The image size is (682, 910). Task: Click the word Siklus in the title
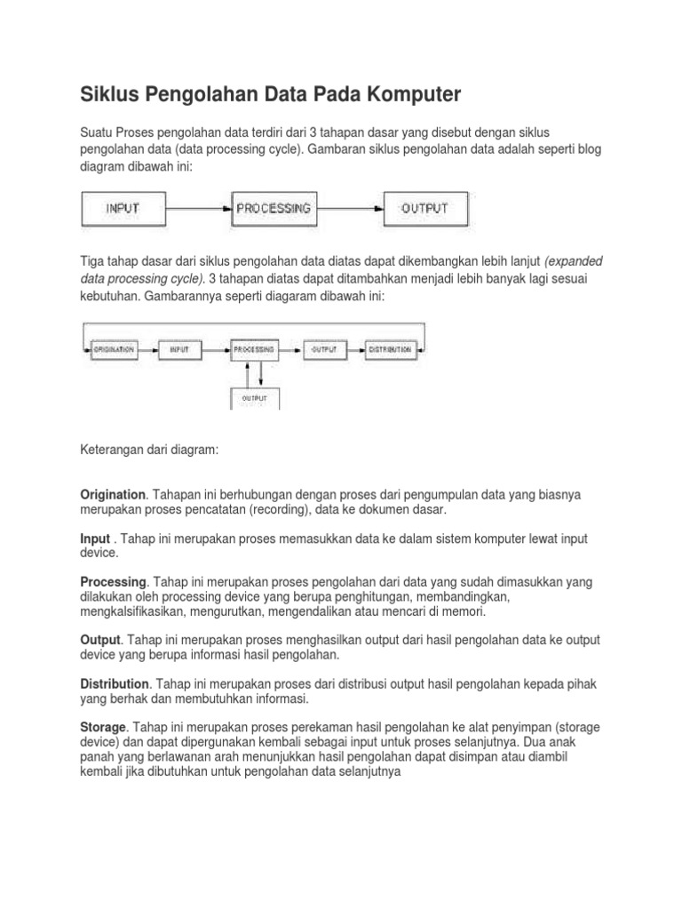(109, 93)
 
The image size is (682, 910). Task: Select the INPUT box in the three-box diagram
(124, 209)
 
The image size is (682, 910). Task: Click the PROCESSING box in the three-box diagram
(274, 209)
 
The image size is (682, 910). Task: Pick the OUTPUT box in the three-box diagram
(425, 209)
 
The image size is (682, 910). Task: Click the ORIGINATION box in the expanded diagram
(114, 349)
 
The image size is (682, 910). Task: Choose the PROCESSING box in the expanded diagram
(253, 349)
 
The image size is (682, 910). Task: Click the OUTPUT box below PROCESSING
(254, 398)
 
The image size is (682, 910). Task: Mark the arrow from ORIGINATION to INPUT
(147, 349)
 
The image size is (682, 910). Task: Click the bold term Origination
(112, 493)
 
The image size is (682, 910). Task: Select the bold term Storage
(104, 727)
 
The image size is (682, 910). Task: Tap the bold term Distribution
(115, 684)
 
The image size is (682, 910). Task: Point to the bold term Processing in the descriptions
(112, 581)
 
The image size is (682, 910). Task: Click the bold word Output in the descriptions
(99, 640)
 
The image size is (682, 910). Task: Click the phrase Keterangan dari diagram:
(148, 451)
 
